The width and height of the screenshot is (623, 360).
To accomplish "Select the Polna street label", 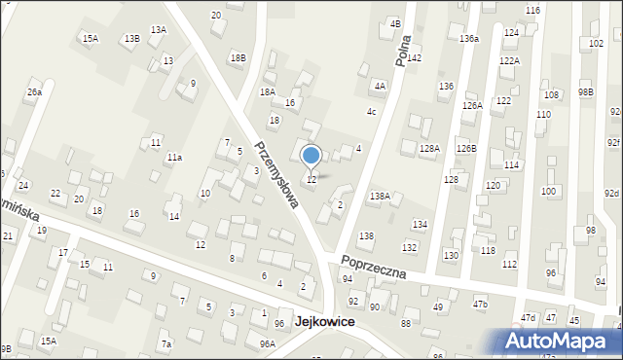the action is click(404, 49).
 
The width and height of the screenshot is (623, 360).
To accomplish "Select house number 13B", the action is click(131, 38).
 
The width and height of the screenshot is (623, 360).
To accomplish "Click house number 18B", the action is click(238, 58).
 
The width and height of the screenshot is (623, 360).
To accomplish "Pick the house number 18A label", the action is click(267, 91).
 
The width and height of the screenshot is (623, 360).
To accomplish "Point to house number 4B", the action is click(395, 22).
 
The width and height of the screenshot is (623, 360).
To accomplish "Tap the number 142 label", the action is click(414, 58).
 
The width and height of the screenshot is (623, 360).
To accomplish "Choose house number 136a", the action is click(469, 38).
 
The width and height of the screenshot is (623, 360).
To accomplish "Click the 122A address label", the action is click(509, 60).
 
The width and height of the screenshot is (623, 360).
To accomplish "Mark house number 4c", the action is click(372, 112).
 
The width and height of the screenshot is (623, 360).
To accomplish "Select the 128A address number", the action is click(429, 148).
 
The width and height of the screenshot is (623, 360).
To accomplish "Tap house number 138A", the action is click(380, 197).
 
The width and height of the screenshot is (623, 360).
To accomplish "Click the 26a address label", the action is click(34, 92).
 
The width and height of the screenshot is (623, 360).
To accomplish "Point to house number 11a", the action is click(174, 157).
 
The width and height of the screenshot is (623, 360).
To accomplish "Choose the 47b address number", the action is click(480, 305).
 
